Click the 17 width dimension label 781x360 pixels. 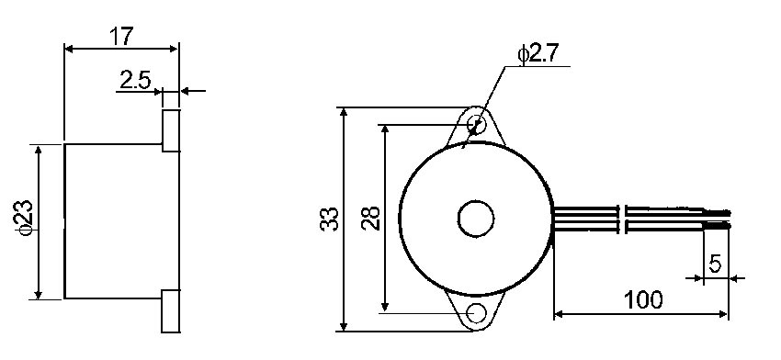pos(121,37)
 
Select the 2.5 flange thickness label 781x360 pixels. pos(135,80)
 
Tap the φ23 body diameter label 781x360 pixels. pos(26,217)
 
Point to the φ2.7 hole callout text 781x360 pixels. pos(538,53)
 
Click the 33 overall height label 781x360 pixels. pos(329,219)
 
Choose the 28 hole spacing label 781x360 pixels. pos(371,218)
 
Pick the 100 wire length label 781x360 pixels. pos(643,299)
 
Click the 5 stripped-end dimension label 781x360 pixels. pos(715,264)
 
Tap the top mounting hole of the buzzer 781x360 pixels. pos(477,123)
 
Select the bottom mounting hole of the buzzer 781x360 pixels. pos(477,312)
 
